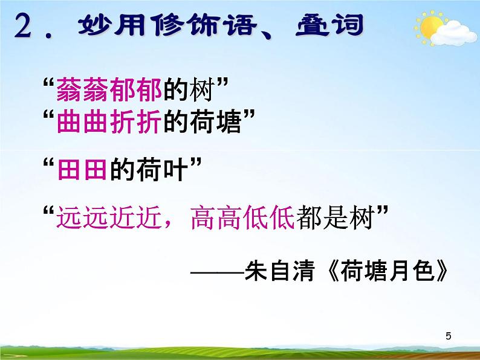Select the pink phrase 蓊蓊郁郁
pyautogui.click(x=109, y=91)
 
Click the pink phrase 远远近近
pyautogui.click(x=109, y=217)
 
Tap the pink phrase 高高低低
pyautogui.click(x=242, y=217)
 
